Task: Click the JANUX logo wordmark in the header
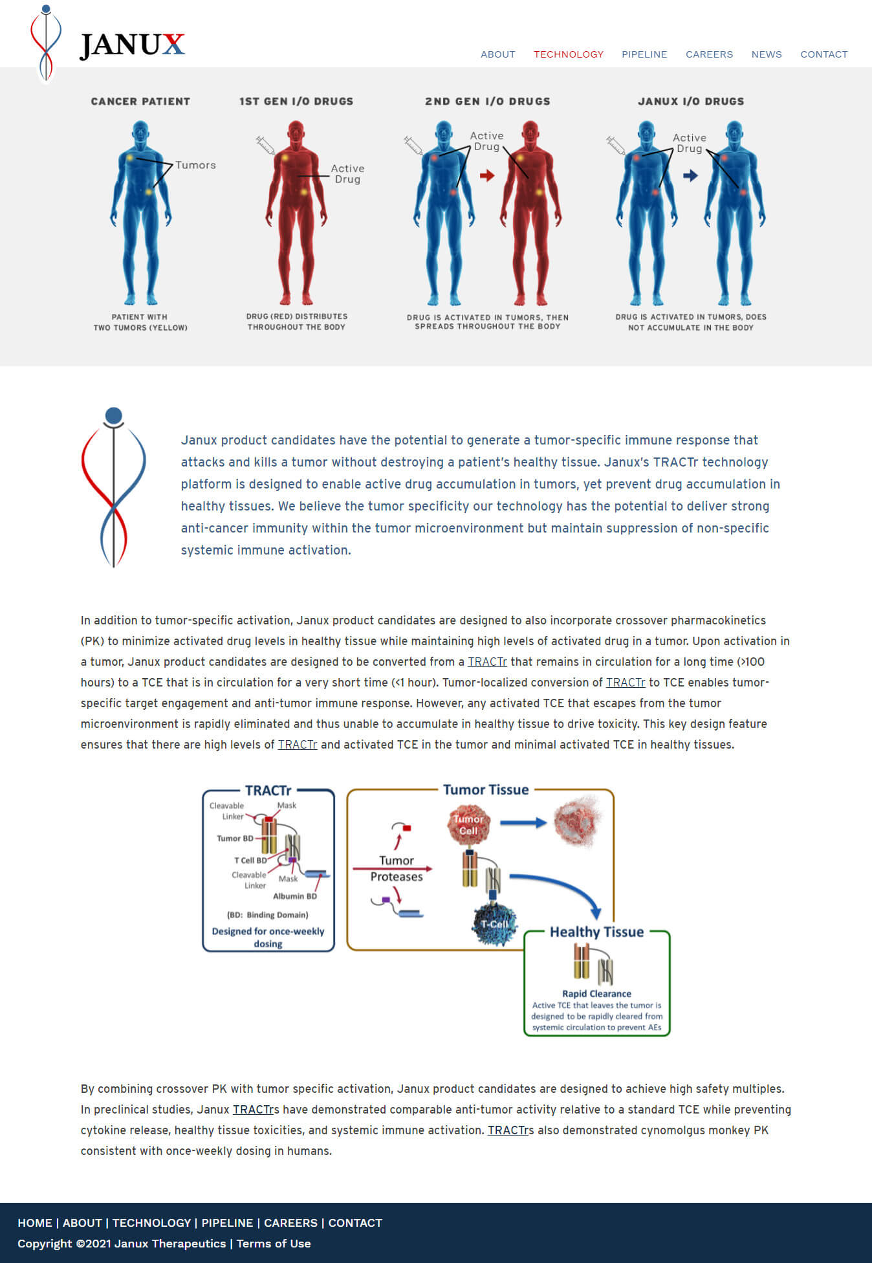tap(132, 45)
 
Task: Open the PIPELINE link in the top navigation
tap(644, 54)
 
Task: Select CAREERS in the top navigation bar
tap(709, 54)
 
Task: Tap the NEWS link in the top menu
tap(766, 54)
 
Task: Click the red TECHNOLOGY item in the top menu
tap(568, 54)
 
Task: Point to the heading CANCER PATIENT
tap(140, 102)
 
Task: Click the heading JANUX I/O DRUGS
tap(691, 102)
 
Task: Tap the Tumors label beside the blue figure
tap(195, 165)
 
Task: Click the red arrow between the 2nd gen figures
tap(487, 175)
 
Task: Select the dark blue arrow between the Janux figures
tap(691, 175)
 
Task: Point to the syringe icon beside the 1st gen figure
tap(265, 144)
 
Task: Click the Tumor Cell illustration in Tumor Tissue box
tap(468, 825)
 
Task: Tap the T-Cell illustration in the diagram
tap(495, 924)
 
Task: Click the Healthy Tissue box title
tap(596, 932)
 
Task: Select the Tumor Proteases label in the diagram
tap(397, 868)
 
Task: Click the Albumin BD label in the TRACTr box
tap(295, 896)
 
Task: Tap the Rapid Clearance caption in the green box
tap(596, 994)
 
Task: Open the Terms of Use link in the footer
tap(273, 1244)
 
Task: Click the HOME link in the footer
tap(35, 1223)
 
